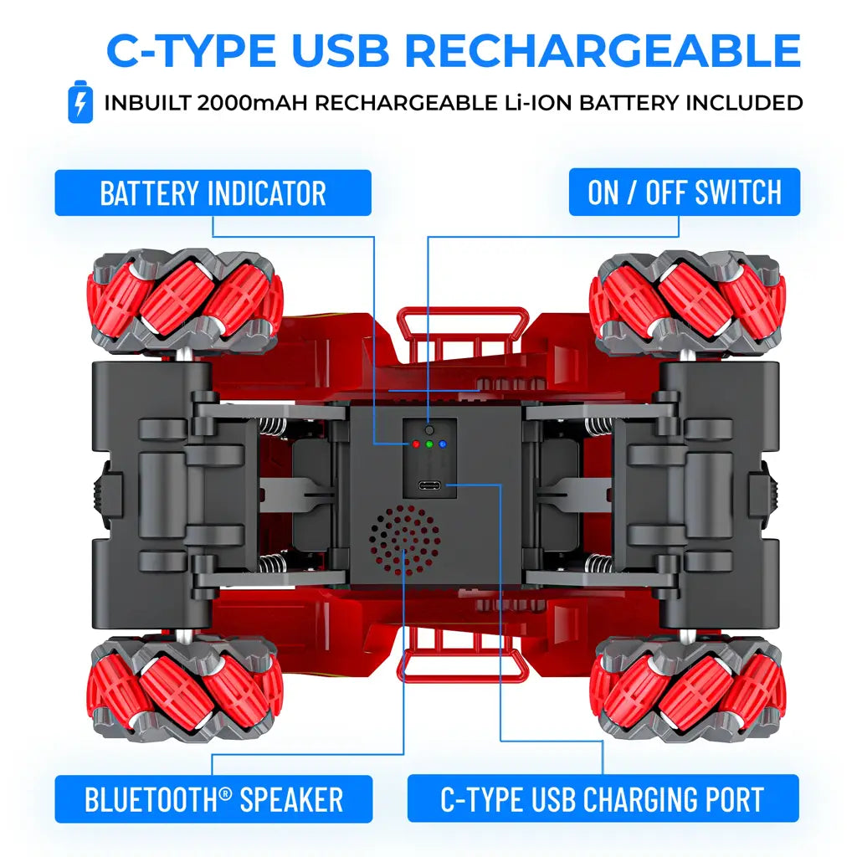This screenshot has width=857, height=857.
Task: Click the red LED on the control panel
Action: pos(415,444)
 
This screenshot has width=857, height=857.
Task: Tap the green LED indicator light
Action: pos(429,444)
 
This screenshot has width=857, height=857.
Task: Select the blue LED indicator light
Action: pos(443,444)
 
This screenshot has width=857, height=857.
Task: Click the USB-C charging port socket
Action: pos(430,485)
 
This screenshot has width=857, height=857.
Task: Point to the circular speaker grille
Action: pos(404,539)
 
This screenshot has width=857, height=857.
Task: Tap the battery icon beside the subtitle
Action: pos(80,102)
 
